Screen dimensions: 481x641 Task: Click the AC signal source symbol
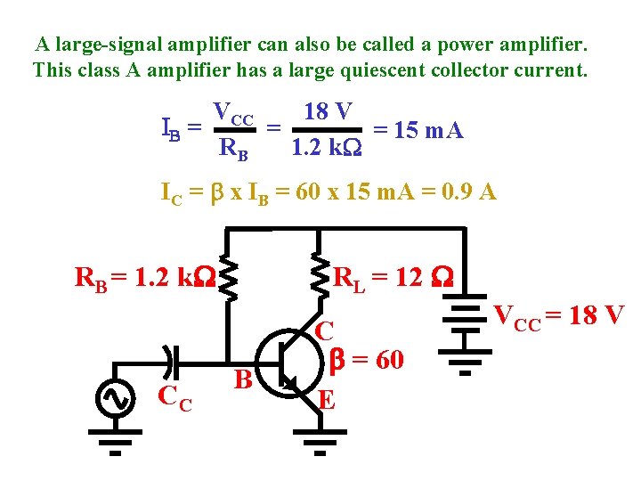pyautogui.click(x=116, y=399)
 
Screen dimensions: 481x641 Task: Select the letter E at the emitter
pyautogui.click(x=327, y=399)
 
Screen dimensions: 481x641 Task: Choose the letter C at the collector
pyautogui.click(x=325, y=331)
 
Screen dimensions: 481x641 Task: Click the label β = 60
pyautogui.click(x=367, y=360)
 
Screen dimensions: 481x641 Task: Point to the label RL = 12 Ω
pyautogui.click(x=393, y=279)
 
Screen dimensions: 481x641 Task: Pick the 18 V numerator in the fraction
pyautogui.click(x=328, y=112)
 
